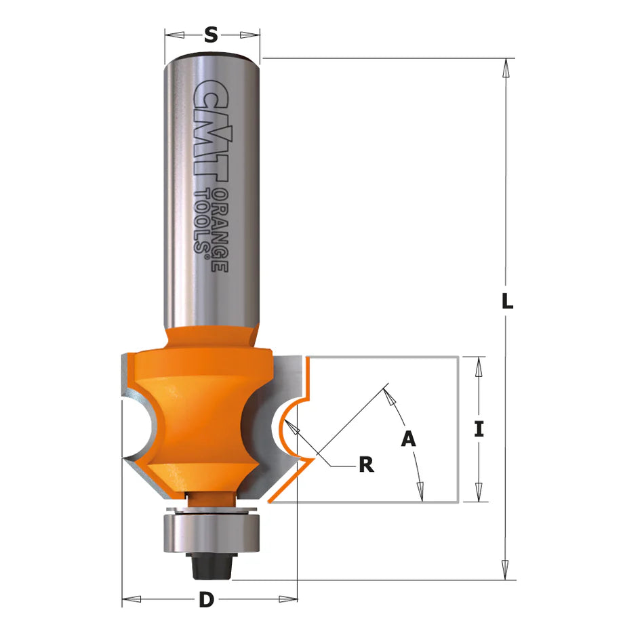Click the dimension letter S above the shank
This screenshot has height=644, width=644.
tap(211, 35)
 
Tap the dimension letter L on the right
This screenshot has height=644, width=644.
tap(507, 300)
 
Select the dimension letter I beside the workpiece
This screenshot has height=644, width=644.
tap(479, 429)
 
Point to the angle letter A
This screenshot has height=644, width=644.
tap(408, 438)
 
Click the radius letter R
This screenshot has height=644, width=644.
tap(366, 465)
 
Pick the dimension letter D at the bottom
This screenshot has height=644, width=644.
tap(207, 600)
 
